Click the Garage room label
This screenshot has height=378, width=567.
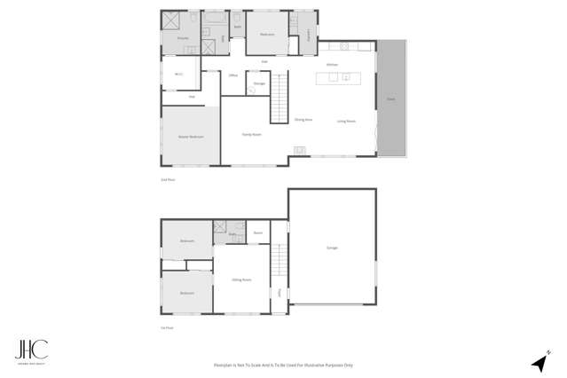pos(332,248)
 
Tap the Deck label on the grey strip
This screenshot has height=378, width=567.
pos(390,99)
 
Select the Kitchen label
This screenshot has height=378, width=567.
pos(331,65)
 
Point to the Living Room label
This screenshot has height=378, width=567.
pos(345,121)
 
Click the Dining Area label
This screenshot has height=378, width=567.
pos(303,120)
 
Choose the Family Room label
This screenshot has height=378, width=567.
pos(252,134)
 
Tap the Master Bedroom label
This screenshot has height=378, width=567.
pos(191,137)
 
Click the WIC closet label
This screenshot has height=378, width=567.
pos(177,74)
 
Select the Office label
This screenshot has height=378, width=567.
pos(233,75)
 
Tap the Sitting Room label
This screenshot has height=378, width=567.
pos(241,280)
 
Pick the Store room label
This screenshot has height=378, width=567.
pos(257,232)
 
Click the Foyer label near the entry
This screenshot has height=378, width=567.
pos(279,291)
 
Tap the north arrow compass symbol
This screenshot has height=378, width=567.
pos(538,362)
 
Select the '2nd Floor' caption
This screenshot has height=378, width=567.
pos(166,179)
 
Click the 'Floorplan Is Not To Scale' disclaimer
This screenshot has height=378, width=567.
pos(283,365)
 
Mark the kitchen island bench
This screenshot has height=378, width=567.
pos(339,77)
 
